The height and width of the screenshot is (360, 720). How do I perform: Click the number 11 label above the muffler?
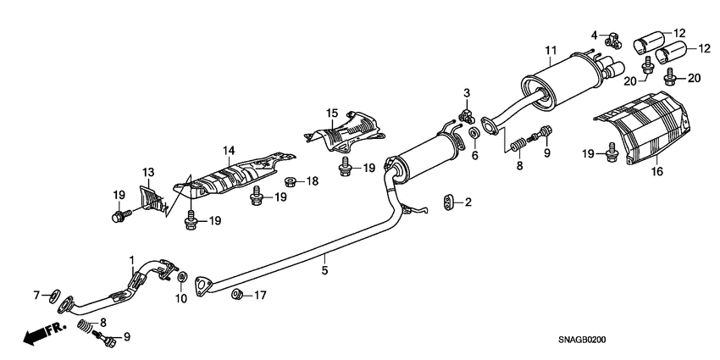pos(549,50)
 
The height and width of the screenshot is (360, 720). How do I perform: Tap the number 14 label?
pos(228,151)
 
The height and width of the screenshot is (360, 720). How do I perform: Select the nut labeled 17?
pos(238,295)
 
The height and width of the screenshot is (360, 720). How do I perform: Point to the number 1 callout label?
pos(131,258)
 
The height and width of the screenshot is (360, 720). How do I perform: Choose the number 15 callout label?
pos(332,113)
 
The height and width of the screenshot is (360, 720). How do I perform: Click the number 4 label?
pos(595,35)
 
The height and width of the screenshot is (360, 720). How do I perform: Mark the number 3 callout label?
pos(466,91)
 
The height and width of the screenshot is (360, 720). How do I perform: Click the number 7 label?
pos(36,295)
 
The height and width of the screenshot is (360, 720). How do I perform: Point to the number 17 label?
pos(260,296)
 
